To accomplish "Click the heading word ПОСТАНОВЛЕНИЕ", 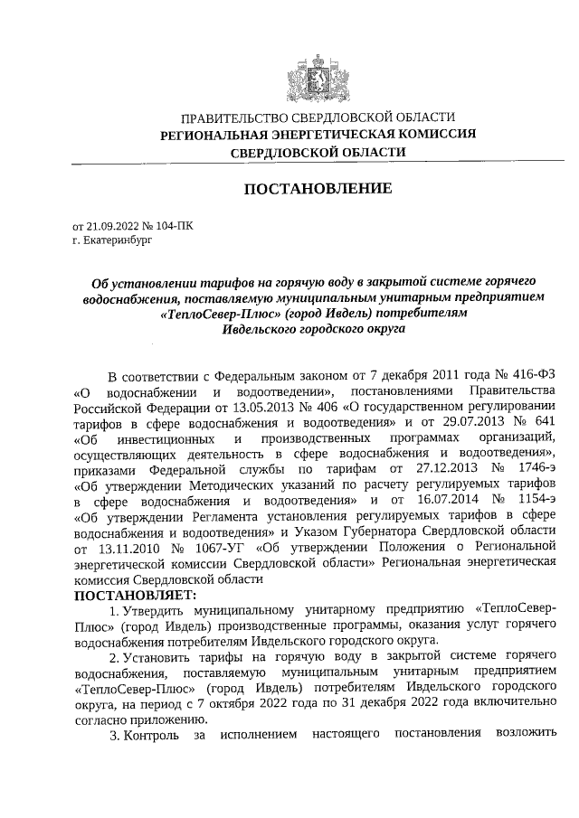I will (318, 189).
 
